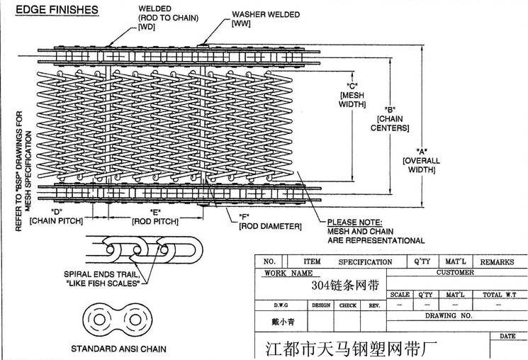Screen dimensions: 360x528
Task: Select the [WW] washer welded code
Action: (x=242, y=23)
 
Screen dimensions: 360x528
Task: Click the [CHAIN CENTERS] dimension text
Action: (x=389, y=123)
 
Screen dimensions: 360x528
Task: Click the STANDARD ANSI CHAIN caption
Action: (x=118, y=349)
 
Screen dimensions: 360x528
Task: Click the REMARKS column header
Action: (x=497, y=261)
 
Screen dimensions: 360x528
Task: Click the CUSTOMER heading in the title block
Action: (x=455, y=273)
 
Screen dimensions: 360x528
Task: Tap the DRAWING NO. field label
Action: (x=448, y=315)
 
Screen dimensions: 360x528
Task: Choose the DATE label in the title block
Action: (x=507, y=336)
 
